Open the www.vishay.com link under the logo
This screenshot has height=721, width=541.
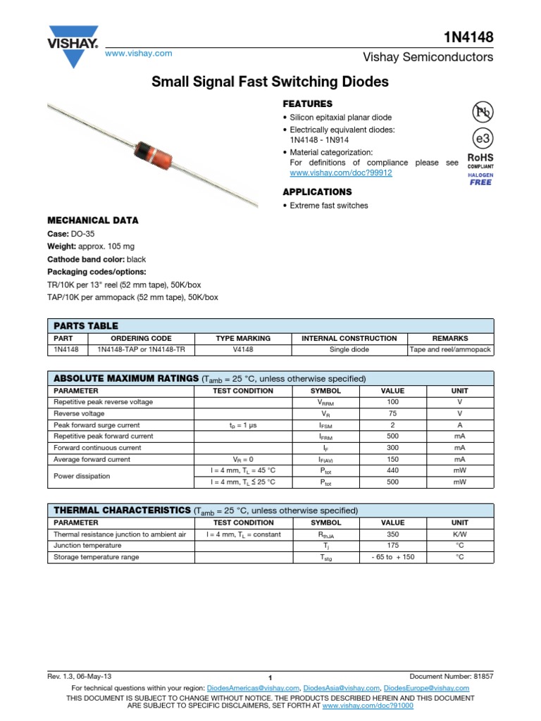coord(138,54)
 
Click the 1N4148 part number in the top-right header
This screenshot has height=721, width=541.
coord(468,37)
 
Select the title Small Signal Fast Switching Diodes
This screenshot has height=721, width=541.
coord(270,82)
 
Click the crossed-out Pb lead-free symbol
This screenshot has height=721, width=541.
coord(481,111)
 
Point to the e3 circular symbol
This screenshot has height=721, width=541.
coord(481,137)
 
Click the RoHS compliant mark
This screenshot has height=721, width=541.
coord(480,161)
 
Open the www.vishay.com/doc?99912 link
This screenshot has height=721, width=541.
coord(340,173)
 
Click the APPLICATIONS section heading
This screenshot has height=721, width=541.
coord(316,192)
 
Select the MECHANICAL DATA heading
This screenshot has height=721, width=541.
coord(92,220)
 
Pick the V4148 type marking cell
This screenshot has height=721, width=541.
coord(243,349)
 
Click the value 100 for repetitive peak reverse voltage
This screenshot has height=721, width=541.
coord(392,402)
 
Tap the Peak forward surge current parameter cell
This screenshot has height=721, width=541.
coord(97,425)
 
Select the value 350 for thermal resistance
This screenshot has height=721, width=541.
coord(392,534)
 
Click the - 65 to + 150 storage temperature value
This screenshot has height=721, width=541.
coord(392,557)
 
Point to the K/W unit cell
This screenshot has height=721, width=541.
coord(459,534)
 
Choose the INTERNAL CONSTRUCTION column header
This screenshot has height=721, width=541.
coord(349,338)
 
